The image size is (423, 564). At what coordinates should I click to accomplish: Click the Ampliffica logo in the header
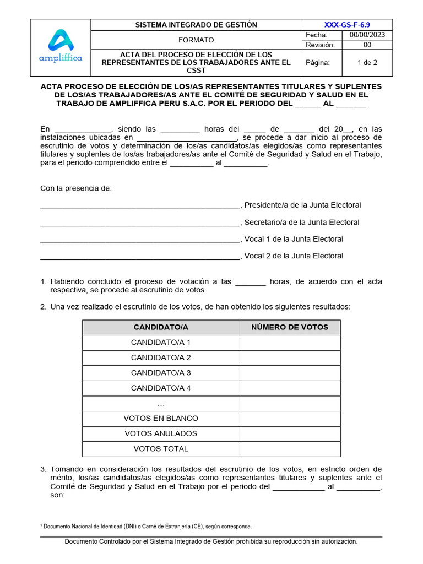tap(60, 47)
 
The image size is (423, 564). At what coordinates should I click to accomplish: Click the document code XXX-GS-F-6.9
tap(347, 25)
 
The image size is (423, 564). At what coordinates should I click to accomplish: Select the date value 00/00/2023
tap(367, 35)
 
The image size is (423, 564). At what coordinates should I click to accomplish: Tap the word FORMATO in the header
tap(196, 40)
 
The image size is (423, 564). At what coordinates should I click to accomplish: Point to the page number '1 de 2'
tap(367, 63)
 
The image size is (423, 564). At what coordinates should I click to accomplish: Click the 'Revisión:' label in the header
tap(321, 45)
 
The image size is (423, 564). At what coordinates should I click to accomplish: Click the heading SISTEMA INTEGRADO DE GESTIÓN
tap(196, 25)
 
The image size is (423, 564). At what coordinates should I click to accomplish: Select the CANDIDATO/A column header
tap(161, 327)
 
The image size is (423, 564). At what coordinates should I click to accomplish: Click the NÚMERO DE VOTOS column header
tap(290, 327)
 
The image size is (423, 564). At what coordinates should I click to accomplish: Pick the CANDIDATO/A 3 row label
tap(161, 373)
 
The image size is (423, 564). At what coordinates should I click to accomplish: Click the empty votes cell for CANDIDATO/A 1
tap(290, 343)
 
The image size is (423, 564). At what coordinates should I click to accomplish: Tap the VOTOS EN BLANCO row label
tap(161, 419)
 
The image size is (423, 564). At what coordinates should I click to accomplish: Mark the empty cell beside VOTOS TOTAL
tap(290, 449)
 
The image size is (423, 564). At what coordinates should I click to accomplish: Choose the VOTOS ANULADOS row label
tap(161, 433)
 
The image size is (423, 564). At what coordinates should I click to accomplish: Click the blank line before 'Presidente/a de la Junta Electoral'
tap(140, 207)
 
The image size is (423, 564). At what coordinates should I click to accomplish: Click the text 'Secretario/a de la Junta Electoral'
tap(302, 223)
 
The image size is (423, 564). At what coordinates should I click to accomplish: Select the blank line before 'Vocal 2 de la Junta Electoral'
tap(140, 257)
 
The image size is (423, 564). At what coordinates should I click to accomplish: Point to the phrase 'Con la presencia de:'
tap(76, 188)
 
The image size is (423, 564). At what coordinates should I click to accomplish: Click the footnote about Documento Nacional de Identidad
tap(147, 526)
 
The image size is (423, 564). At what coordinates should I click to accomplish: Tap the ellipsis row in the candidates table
tap(161, 404)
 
